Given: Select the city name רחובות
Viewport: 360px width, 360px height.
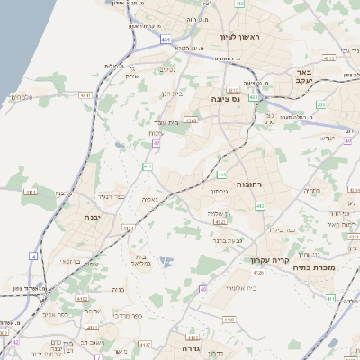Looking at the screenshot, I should point(247,184).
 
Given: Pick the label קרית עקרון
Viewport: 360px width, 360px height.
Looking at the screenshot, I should point(268,260).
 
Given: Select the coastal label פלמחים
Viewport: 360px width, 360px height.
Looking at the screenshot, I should point(22,96).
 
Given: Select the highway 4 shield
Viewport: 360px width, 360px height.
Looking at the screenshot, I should point(33,256).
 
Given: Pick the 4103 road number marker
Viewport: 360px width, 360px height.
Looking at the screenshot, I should point(191,119).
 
